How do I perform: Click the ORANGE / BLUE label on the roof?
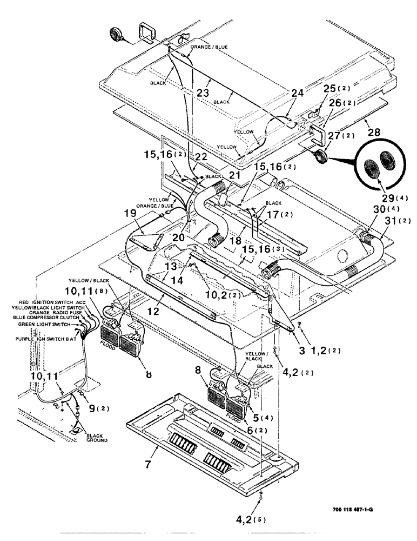pyautogui.click(x=209, y=47)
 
